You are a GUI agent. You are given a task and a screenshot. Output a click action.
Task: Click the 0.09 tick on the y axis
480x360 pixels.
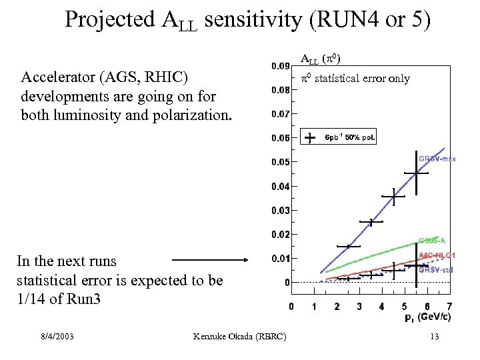click(x=280, y=66)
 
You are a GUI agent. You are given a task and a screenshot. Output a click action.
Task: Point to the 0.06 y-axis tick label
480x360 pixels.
click(x=280, y=138)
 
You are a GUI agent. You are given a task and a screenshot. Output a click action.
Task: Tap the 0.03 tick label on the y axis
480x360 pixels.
click(x=280, y=211)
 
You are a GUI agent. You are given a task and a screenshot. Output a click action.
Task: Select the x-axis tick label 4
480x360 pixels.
click(x=381, y=307)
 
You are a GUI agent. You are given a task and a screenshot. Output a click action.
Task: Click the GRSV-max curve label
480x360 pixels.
click(x=437, y=159)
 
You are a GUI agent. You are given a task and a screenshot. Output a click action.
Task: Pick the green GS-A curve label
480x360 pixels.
click(x=432, y=240)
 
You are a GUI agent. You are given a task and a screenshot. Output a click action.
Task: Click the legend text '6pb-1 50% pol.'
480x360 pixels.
click(x=350, y=138)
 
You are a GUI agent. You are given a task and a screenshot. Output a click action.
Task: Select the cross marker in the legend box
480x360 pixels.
click(x=310, y=137)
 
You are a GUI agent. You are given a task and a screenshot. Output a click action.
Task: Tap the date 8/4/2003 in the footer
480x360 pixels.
click(x=56, y=337)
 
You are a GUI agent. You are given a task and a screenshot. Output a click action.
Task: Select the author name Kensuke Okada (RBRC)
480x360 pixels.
click(x=239, y=337)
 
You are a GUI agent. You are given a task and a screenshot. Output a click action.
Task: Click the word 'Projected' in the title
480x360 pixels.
click(x=110, y=20)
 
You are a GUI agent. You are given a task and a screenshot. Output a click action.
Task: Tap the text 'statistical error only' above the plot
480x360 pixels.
click(x=362, y=79)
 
